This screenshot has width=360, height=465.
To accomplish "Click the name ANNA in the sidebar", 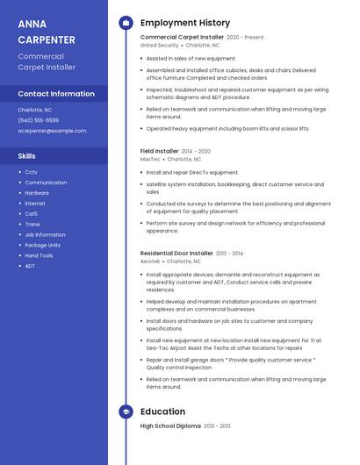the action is point(32,24).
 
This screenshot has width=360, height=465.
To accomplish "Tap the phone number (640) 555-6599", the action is point(39,120).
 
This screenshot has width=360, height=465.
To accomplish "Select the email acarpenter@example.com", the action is point(52,131).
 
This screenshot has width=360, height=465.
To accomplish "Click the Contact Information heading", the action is point(56,94).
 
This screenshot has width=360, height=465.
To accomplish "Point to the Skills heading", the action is point(27,156).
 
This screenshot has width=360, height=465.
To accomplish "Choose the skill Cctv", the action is point(31,172).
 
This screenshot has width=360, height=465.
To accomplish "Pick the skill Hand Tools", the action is point(39,255).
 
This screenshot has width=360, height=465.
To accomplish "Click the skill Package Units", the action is point(42,245).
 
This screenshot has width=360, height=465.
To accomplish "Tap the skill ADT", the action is point(30,266).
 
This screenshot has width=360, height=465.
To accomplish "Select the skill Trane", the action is point(32,224).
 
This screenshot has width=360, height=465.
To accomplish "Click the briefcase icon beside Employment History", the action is point(126,23).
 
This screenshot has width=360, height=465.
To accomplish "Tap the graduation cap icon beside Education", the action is point(126,411).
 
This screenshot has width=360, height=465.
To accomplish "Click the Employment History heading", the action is point(185,23).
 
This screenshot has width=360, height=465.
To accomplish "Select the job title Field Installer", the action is point(159,151).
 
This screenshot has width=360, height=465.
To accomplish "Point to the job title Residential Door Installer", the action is point(176,253).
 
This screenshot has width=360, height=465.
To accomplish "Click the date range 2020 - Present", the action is point(245,38).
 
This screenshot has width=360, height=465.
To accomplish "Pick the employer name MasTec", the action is point(150,160).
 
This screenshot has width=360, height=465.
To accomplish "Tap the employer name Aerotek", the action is point(150,261).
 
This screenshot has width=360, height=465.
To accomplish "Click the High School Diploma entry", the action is point(170,426).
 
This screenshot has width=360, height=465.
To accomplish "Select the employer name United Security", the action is point(159,46).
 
